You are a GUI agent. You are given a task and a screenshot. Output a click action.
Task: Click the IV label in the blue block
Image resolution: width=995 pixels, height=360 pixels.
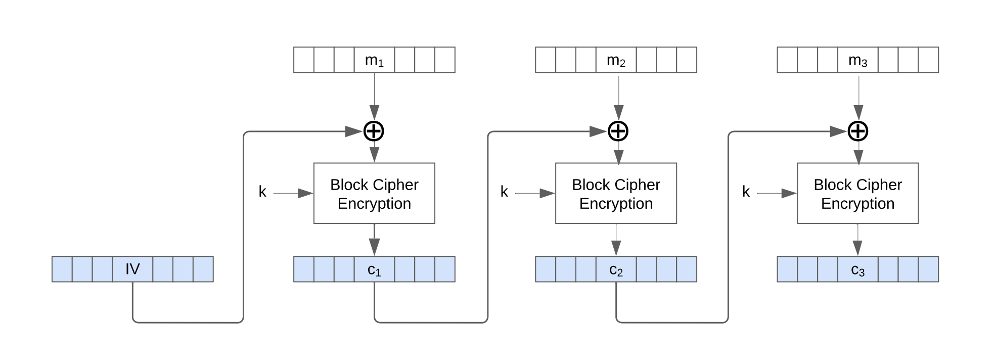coord(132,269)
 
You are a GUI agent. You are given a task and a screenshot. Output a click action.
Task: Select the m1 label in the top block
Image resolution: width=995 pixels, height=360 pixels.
coord(374,60)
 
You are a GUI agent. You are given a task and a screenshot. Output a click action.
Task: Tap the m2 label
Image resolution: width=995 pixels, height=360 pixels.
coord(616,60)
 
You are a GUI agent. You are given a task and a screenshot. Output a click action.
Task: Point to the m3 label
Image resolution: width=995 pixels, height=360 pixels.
coord(857,60)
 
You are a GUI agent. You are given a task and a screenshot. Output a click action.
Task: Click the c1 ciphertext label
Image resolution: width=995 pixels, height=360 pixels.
coord(374,270)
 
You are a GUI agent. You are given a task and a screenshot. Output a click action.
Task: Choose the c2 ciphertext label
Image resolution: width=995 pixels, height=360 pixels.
coord(616,270)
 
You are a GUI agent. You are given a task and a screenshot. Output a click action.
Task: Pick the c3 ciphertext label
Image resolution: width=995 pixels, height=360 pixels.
coord(857,270)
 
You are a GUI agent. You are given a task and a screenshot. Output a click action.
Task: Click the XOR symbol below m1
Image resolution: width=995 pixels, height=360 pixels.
coord(374,131)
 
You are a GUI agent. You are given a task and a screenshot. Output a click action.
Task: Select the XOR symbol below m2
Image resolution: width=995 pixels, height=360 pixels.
coord(618,131)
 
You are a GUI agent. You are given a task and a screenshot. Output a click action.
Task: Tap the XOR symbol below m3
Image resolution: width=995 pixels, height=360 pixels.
coord(858,131)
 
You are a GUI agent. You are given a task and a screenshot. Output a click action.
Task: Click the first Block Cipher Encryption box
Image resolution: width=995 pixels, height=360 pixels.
coord(374,193)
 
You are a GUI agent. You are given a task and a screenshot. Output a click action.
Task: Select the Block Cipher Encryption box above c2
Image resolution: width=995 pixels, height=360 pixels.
coord(616,193)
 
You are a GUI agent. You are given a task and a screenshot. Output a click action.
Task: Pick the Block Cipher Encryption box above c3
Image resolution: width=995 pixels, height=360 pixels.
coord(857,193)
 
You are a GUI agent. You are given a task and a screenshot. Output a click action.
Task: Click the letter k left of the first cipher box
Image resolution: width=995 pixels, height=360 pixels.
coord(262,192)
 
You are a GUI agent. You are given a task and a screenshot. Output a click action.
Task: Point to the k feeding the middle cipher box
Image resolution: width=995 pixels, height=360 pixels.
coord(504,192)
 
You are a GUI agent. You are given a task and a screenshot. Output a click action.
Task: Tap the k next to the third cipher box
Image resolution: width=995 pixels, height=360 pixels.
coord(746,192)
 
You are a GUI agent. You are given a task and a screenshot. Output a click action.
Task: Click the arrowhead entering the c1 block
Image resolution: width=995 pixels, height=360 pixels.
coord(374,247)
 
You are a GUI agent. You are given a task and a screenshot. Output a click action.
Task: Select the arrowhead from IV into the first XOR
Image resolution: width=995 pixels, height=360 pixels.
coord(354,131)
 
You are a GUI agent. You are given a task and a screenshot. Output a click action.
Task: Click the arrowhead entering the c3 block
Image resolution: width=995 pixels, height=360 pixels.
coord(857,248)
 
